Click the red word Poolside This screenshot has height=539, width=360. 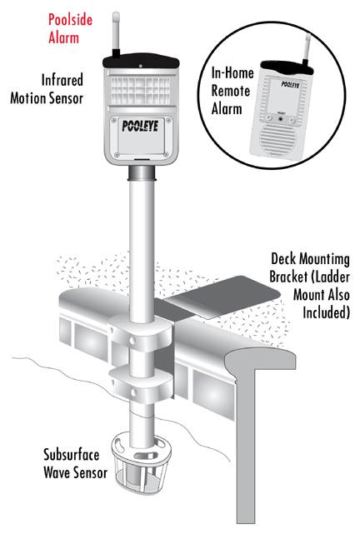[70, 20]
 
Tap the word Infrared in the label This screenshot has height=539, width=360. [62, 80]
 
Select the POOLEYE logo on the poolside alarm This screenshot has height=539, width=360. [140, 126]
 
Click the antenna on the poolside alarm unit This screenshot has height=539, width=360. [116, 34]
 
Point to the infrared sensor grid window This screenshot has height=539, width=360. [140, 90]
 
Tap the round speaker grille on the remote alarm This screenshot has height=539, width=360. [277, 137]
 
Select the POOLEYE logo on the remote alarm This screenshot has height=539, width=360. [290, 84]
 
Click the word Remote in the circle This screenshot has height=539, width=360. [230, 91]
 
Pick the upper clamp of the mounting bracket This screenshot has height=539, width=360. [140, 332]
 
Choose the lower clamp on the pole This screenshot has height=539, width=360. [141, 384]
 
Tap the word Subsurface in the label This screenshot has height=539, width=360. [71, 455]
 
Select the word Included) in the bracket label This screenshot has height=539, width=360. [326, 312]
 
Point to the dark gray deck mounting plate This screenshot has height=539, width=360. [223, 297]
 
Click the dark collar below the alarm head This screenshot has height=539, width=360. [142, 173]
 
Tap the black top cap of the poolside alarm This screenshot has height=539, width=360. [141, 61]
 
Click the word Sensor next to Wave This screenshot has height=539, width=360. [91, 472]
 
